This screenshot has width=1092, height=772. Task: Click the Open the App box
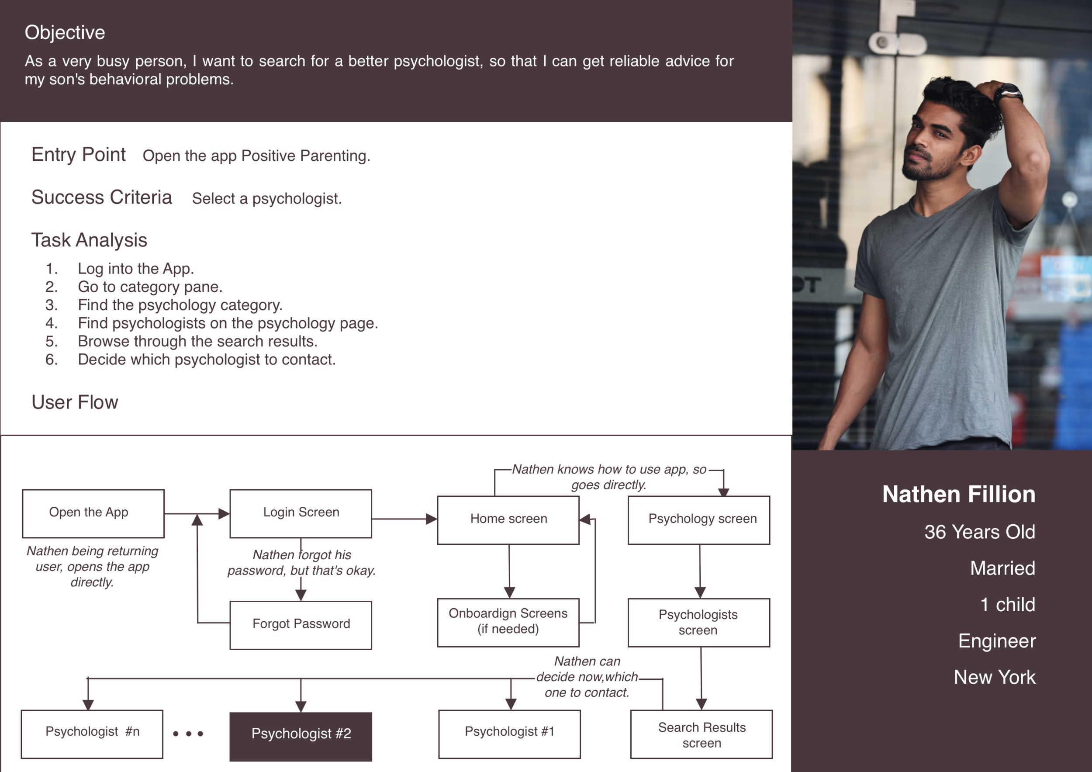point(93,514)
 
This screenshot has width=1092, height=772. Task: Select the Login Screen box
point(301,514)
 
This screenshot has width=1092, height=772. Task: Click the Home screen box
point(508,520)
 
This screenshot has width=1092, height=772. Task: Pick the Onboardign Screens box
point(508,622)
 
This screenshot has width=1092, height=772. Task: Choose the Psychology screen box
point(699,520)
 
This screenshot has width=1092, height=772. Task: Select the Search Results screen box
point(701,734)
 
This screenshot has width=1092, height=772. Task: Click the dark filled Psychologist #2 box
point(301,736)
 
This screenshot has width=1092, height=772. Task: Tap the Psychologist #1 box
point(509,734)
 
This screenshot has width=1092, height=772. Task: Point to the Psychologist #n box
point(92,734)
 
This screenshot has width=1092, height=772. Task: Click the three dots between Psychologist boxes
point(188,734)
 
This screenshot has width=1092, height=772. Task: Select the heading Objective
point(65,32)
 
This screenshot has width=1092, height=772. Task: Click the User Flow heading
point(75,402)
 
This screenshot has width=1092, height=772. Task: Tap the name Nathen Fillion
point(958,494)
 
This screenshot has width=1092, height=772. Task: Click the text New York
point(994,677)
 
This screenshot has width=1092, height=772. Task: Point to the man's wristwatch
point(1008,92)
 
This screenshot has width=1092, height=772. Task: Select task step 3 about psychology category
point(180,305)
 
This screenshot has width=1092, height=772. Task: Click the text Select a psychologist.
point(267,199)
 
